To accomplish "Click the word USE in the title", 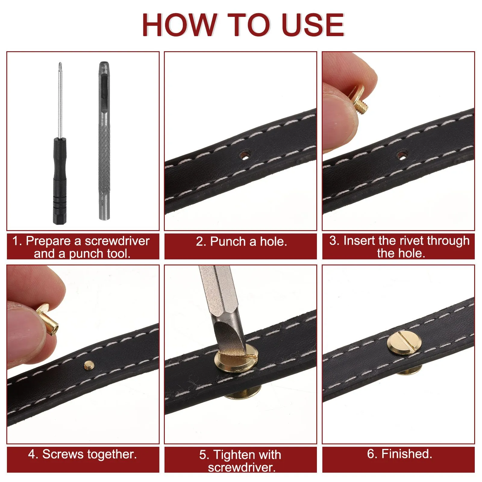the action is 314,25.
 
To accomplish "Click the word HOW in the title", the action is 180,25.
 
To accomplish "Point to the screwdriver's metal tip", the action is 60,64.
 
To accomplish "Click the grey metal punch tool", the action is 104,140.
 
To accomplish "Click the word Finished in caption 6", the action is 407,454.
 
